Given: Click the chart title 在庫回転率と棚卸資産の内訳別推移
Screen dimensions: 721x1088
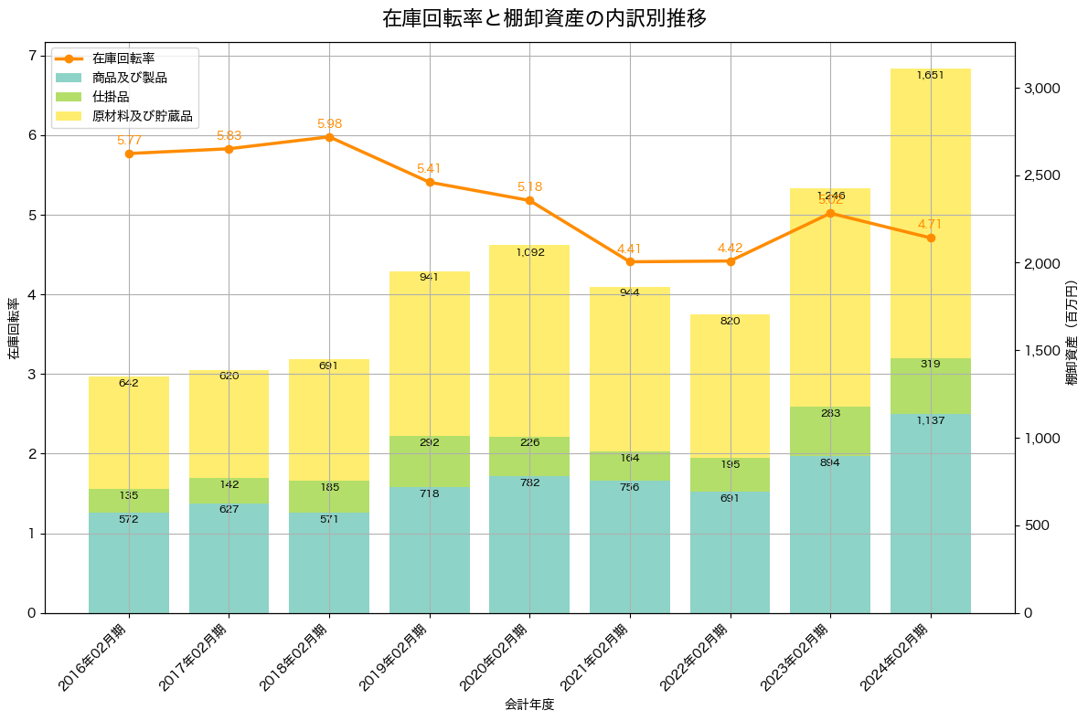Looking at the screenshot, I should click(544, 18).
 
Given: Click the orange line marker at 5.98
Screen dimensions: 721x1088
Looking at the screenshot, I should click(329, 137).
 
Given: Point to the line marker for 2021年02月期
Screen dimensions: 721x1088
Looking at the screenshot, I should click(630, 262).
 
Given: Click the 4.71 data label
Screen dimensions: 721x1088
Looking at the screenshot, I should click(930, 224).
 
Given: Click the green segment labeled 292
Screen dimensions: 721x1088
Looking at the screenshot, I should click(430, 461).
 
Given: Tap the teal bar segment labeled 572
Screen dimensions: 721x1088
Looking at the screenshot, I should click(129, 563).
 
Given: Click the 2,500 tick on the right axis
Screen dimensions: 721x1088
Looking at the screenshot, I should click(1040, 175).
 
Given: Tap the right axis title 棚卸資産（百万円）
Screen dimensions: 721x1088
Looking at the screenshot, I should click(1072, 328).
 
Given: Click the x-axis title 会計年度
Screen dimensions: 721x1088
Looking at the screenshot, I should click(529, 705).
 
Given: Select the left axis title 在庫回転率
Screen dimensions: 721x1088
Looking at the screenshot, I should click(13, 328).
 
